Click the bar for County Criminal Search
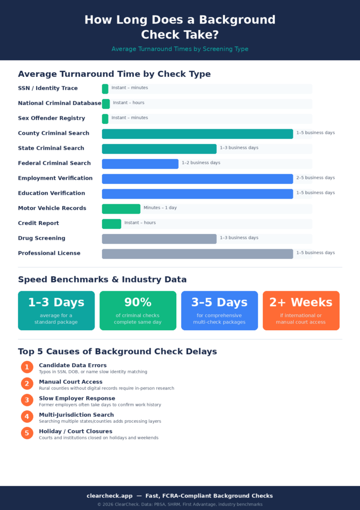pos(197,134)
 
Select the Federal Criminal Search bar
pos(140,164)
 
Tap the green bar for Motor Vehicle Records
pos(121,209)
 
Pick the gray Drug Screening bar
pos(159,239)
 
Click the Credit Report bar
pos(112,224)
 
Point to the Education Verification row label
pos(51,193)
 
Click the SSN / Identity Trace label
pos(48,89)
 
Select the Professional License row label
pos(49,253)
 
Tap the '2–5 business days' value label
pos(315,178)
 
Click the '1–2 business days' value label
pos(201,163)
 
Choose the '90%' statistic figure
pos(137,302)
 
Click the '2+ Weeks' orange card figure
pos(301,302)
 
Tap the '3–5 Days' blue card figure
pos(219,302)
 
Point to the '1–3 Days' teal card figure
pos(56,302)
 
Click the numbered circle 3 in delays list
pos(27,400)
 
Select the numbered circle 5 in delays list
pos(27,433)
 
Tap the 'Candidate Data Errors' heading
pos(73,366)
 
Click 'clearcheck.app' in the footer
pos(110,496)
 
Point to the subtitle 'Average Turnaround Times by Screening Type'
pos(180,49)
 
